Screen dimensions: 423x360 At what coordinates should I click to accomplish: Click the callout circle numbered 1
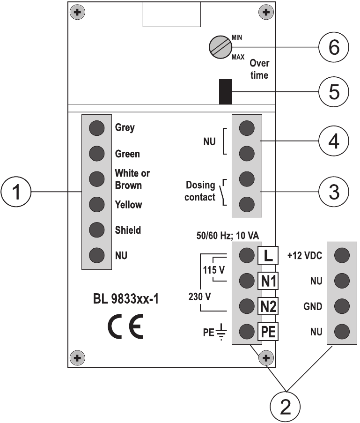[x=17, y=192]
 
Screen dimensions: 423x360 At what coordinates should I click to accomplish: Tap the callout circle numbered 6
[x=333, y=47]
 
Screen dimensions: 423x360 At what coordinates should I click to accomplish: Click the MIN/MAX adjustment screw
[x=220, y=47]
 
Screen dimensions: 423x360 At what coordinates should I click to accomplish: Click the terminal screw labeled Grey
[x=96, y=127]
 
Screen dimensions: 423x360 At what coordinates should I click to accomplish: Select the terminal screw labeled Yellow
[x=96, y=204]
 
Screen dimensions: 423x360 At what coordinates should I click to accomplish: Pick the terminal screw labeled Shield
[x=96, y=230]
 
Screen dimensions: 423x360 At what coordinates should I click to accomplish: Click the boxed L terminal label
[x=268, y=255]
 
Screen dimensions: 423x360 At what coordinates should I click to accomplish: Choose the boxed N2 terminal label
[x=268, y=306]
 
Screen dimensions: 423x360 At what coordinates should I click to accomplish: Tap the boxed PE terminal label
[x=268, y=332]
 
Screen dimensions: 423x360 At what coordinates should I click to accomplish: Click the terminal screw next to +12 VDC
[x=342, y=255]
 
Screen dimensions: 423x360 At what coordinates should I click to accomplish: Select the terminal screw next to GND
[x=342, y=306]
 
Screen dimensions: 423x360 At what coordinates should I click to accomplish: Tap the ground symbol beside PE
[x=221, y=333]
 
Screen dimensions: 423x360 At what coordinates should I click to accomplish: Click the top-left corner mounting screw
[x=78, y=12]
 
